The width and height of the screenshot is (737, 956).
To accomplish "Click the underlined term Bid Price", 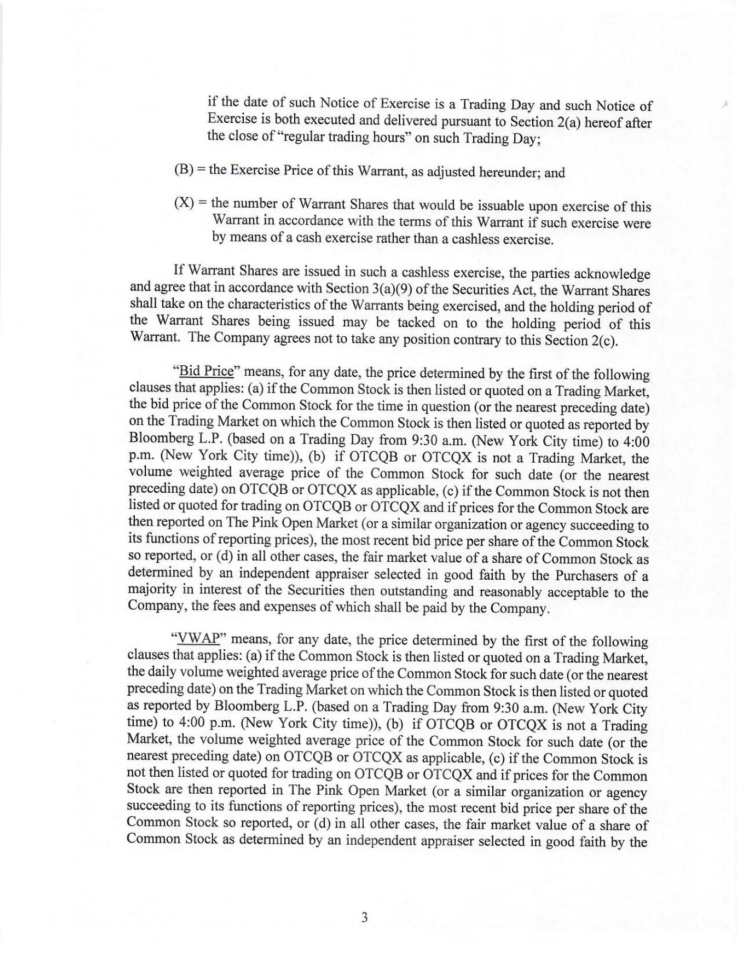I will click(x=206, y=372).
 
